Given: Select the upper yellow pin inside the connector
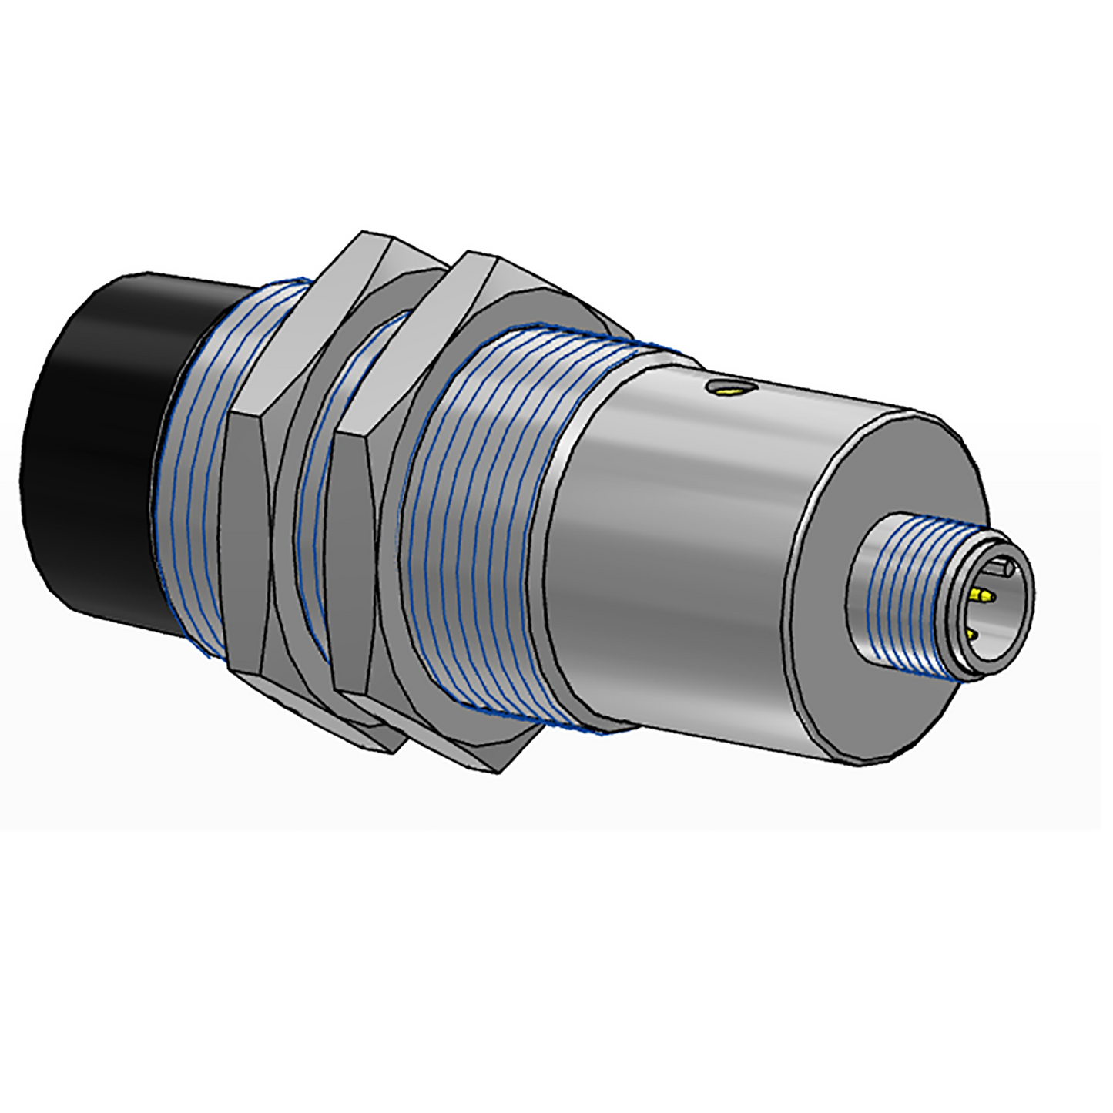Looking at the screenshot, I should (x=983, y=595).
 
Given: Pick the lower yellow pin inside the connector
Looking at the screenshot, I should (x=972, y=635).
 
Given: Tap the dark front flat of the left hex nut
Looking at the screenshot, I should (x=245, y=539).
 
